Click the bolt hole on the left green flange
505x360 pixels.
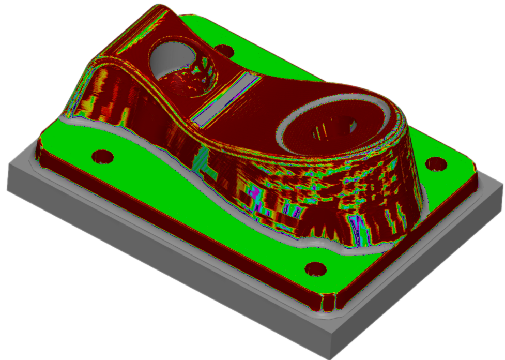point(102,156)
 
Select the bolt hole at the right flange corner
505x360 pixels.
point(436,164)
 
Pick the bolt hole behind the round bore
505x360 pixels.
point(224,51)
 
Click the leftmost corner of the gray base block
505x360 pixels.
point(8,164)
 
